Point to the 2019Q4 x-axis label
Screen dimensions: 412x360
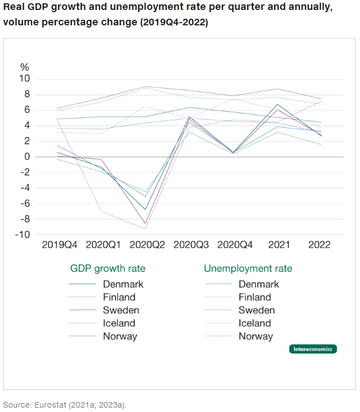click(59, 245)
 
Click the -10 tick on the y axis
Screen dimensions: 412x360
click(24, 235)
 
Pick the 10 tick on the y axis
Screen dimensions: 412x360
click(25, 79)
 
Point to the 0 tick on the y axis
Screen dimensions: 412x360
click(28, 157)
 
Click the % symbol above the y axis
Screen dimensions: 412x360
click(25, 67)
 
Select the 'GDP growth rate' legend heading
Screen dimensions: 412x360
click(108, 269)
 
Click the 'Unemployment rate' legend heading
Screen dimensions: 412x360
click(248, 269)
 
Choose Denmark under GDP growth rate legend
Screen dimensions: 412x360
click(123, 284)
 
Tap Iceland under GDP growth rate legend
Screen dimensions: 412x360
click(119, 323)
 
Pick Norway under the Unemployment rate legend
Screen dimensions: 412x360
click(255, 336)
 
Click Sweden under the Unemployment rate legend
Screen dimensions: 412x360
click(257, 310)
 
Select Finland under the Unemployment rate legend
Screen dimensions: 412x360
click(255, 297)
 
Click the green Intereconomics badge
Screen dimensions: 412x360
click(313, 349)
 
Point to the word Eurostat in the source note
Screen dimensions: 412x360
click(53, 405)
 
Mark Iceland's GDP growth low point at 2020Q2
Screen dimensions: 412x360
click(146, 229)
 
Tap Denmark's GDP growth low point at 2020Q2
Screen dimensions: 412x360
click(146, 209)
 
